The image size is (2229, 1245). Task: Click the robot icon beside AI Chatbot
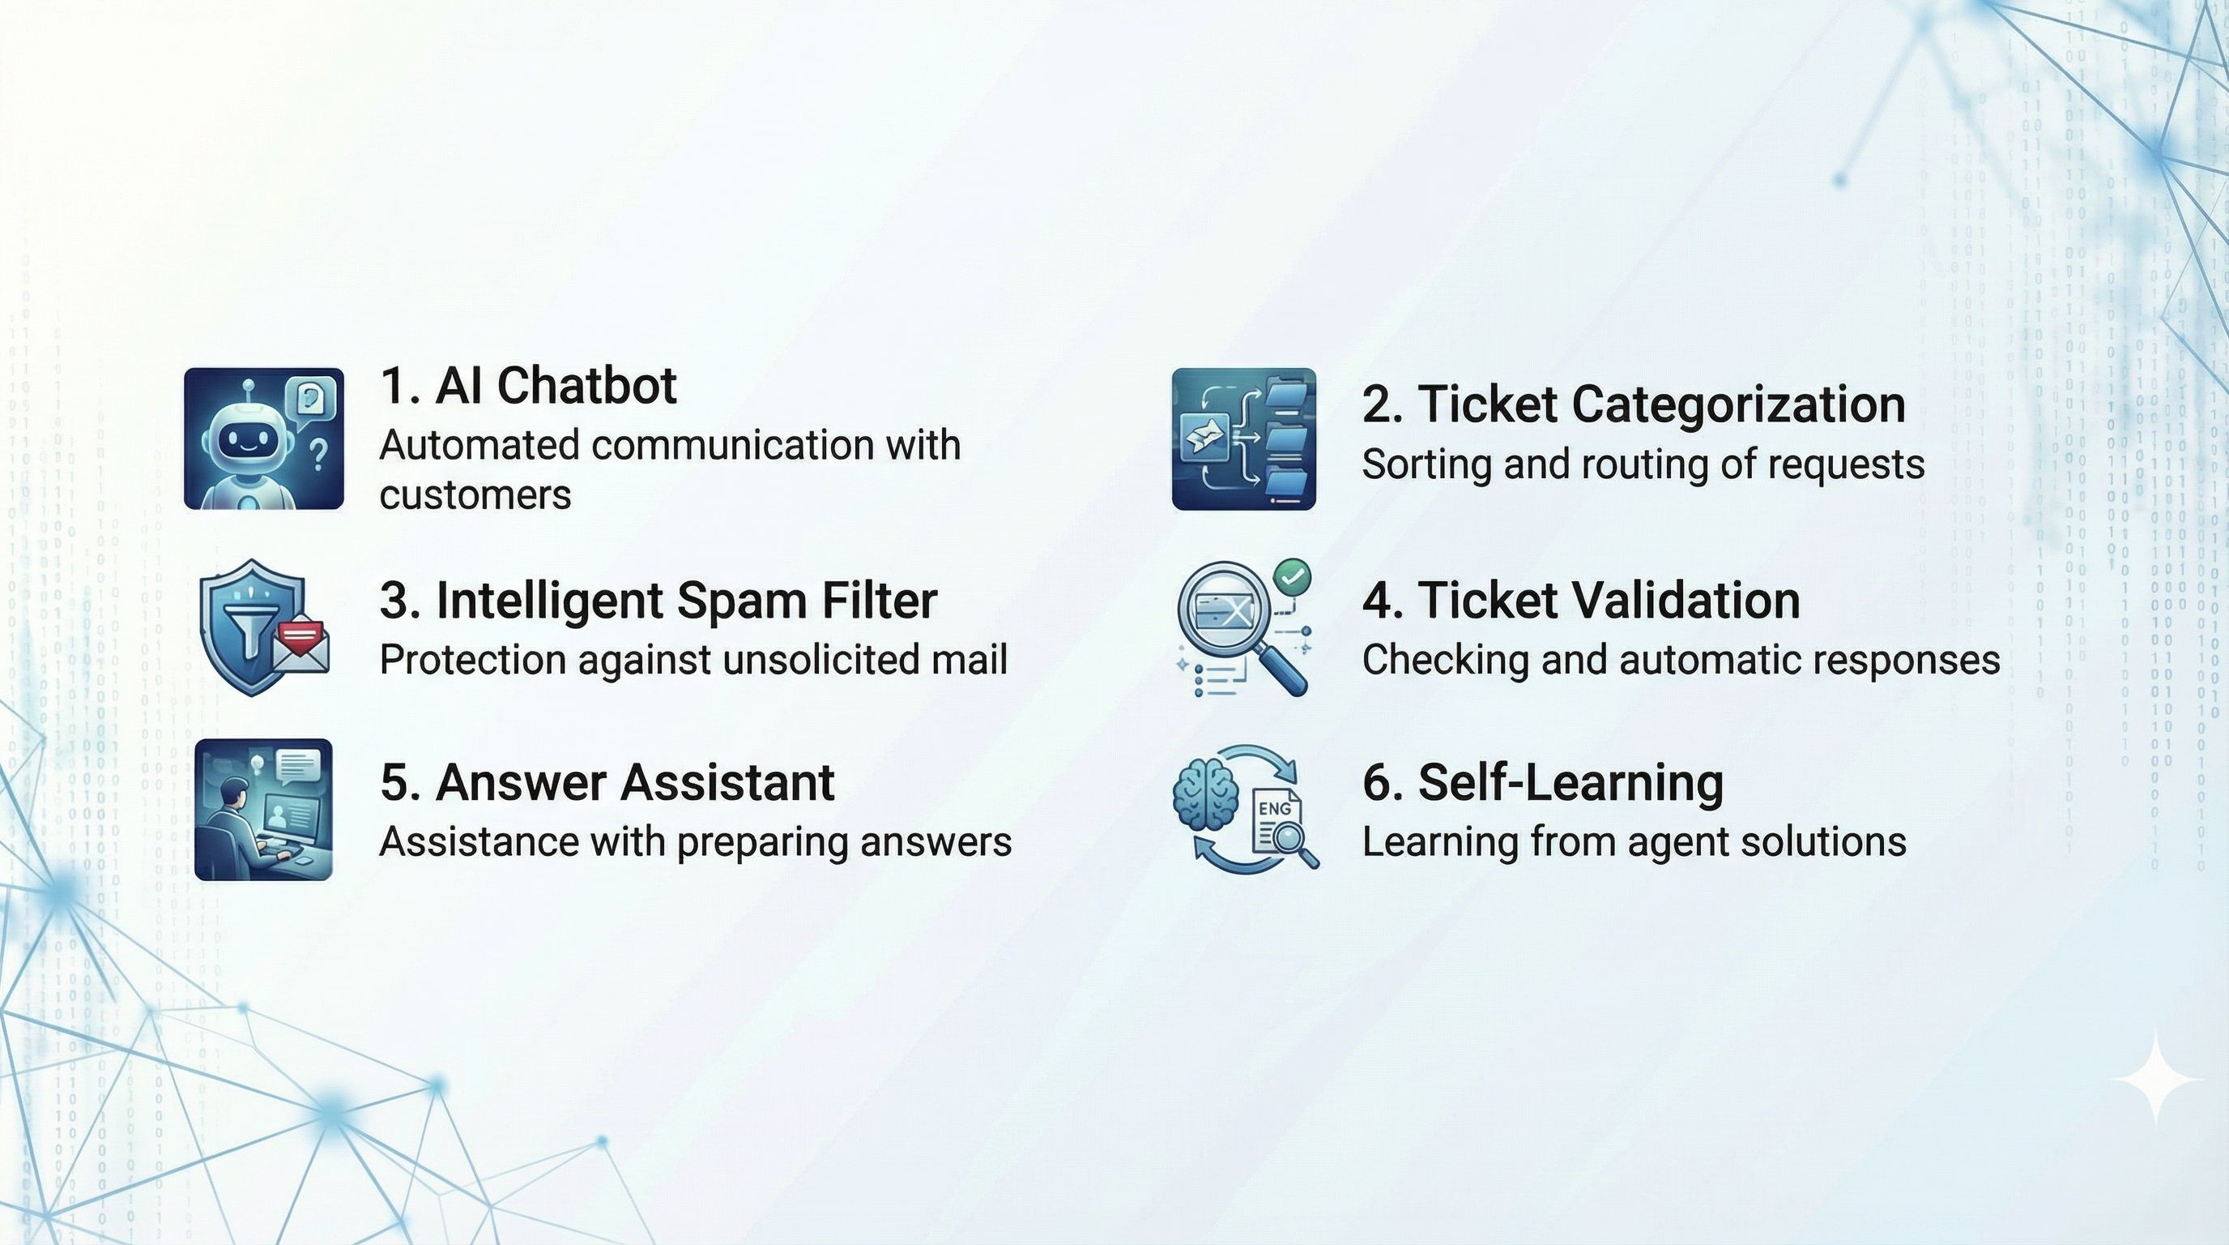pyautogui.click(x=263, y=439)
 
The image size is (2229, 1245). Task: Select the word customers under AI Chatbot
pyautogui.click(x=475, y=495)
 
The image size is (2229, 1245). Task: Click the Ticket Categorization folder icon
pyautogui.click(x=1243, y=439)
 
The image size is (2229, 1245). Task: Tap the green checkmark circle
pyautogui.click(x=1293, y=576)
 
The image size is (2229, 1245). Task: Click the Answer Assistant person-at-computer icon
pyautogui.click(x=263, y=810)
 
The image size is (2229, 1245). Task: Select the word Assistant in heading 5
pyautogui.click(x=727, y=783)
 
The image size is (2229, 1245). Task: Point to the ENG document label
pyautogui.click(x=1275, y=809)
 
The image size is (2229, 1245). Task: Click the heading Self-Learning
pyautogui.click(x=1543, y=783)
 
